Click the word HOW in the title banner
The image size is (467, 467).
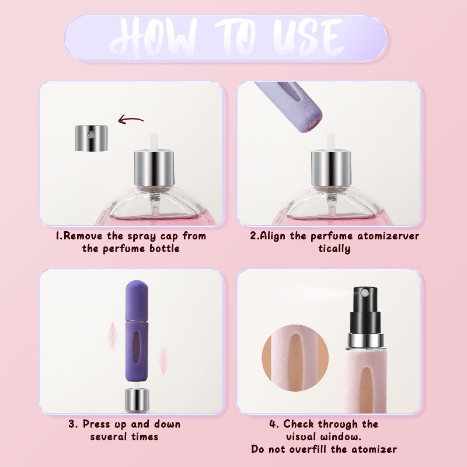[154, 37]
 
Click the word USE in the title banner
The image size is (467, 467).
[308, 37]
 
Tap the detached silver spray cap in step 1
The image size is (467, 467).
[91, 138]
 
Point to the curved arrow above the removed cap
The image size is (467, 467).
[131, 120]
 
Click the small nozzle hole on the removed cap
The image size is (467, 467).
[90, 136]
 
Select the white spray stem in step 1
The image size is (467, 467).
[154, 142]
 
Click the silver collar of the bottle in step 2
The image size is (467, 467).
[331, 169]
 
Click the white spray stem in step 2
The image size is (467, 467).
[331, 142]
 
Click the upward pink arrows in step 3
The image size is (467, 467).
[113, 336]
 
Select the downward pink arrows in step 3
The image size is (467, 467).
[163, 361]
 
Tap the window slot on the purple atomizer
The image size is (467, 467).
[136, 347]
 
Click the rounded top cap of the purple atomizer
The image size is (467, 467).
[137, 300]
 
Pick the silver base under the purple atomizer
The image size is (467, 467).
[137, 400]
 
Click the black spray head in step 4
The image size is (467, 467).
[365, 310]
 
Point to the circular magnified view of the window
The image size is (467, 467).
[295, 358]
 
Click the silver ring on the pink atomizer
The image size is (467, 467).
[365, 341]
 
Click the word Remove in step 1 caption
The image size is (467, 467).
[83, 236]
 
